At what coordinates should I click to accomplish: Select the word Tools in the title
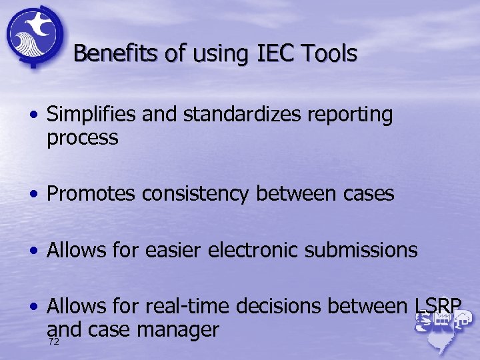pos(329,53)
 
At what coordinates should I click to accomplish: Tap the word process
pos(83,139)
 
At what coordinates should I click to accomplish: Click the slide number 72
pos(54,341)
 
